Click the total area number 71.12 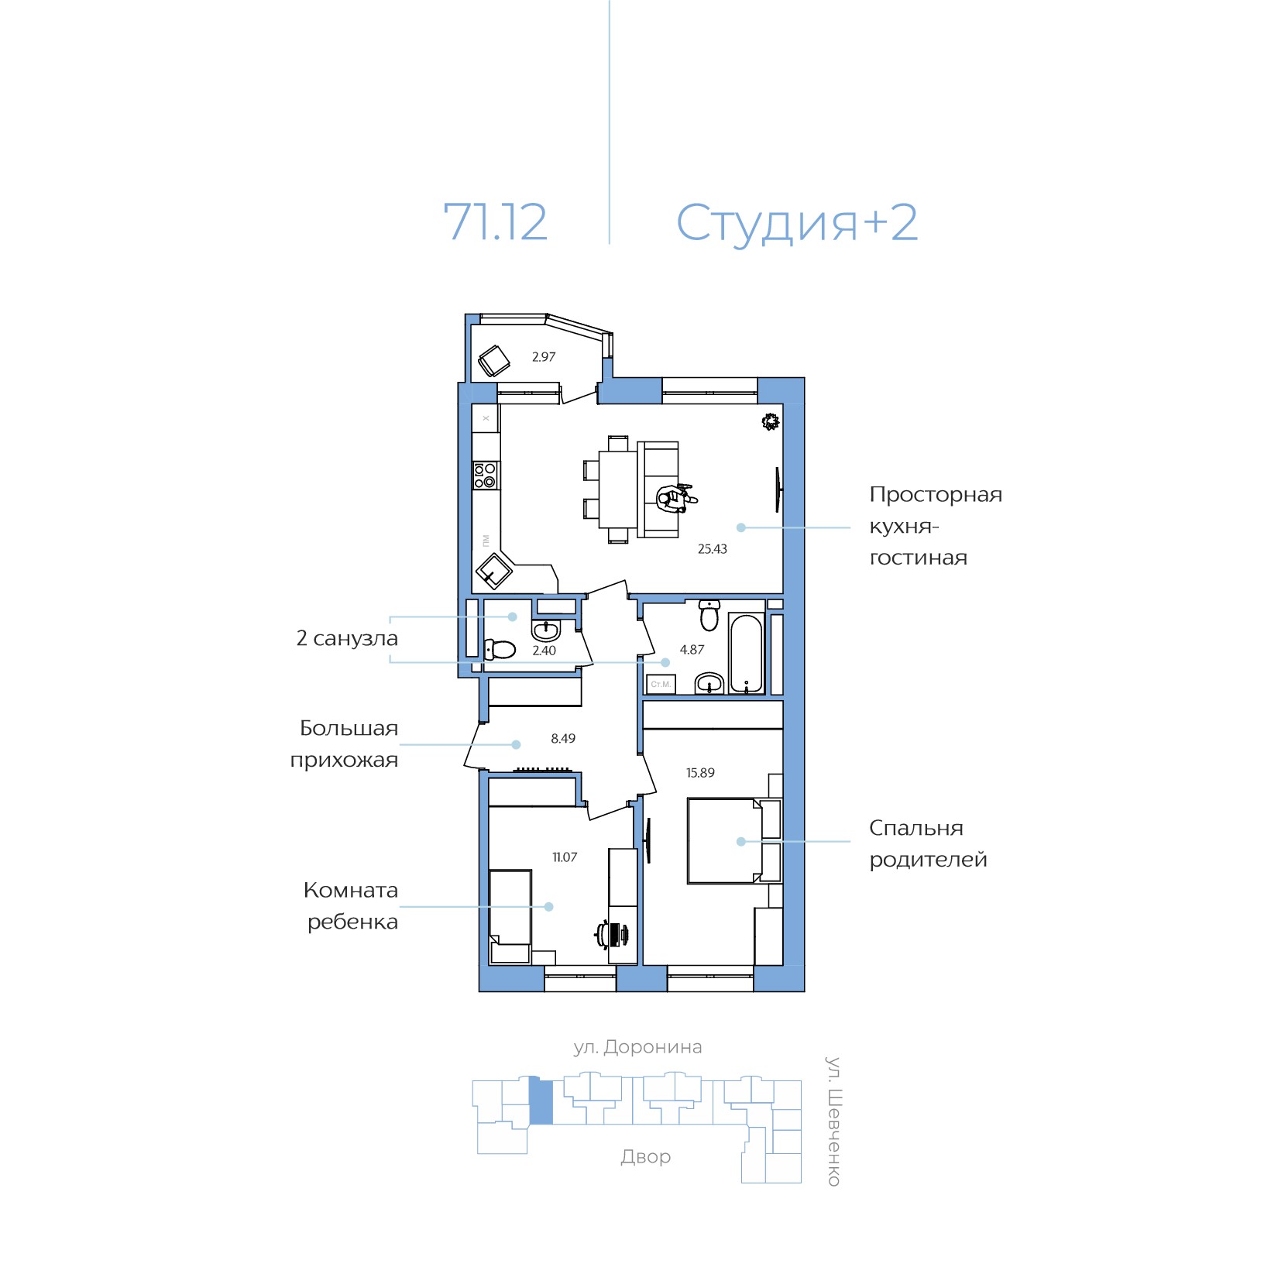pyautogui.click(x=495, y=222)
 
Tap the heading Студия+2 pyautogui.click(x=797, y=224)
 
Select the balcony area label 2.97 pyautogui.click(x=544, y=357)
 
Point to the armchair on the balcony pyautogui.click(x=493, y=360)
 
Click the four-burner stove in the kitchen pyautogui.click(x=486, y=475)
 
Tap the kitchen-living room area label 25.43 pyautogui.click(x=713, y=549)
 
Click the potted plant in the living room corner pyautogui.click(x=770, y=421)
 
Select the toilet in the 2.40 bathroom pyautogui.click(x=500, y=649)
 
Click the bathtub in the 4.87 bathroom pyautogui.click(x=747, y=654)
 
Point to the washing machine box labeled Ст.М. pyautogui.click(x=661, y=684)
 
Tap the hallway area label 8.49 pyautogui.click(x=563, y=739)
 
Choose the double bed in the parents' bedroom pyautogui.click(x=734, y=841)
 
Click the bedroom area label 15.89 pyautogui.click(x=700, y=773)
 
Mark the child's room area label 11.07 pyautogui.click(x=565, y=857)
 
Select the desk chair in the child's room pyautogui.click(x=611, y=934)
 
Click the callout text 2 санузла pyautogui.click(x=347, y=639)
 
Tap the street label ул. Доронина pyautogui.click(x=637, y=1048)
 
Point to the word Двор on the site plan pyautogui.click(x=646, y=1157)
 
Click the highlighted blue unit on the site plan pyautogui.click(x=541, y=1102)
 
